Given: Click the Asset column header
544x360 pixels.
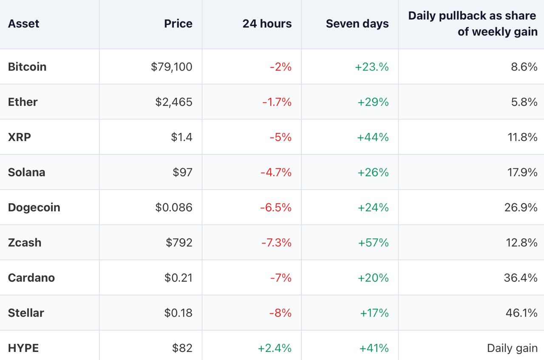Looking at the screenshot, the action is [23, 24].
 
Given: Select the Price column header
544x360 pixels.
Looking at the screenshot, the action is [178, 24].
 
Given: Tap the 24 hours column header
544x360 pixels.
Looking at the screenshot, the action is [267, 24].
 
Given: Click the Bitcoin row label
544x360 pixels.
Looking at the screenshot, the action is [27, 67].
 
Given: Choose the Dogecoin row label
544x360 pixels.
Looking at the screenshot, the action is [34, 208].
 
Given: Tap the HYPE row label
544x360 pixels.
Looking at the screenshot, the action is [23, 348].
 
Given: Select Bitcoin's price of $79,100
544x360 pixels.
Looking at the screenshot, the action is [171, 67].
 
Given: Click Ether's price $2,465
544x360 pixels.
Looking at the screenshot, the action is [174, 102].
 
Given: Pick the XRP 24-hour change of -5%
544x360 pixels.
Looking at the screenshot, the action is [281, 137].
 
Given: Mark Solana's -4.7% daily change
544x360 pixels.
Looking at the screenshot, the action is [276, 173].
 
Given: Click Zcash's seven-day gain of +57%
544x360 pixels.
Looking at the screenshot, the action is [374, 243].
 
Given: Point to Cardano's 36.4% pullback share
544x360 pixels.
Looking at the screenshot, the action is [521, 278].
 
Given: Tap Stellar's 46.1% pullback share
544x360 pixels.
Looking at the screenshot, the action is [521, 313].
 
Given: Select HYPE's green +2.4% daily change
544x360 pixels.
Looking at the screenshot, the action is [275, 348].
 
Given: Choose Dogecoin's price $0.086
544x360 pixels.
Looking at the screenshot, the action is [174, 207].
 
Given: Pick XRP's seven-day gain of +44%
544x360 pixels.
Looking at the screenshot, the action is [373, 137].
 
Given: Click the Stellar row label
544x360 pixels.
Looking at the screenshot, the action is [26, 313].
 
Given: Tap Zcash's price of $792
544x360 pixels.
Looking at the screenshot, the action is [179, 243].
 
